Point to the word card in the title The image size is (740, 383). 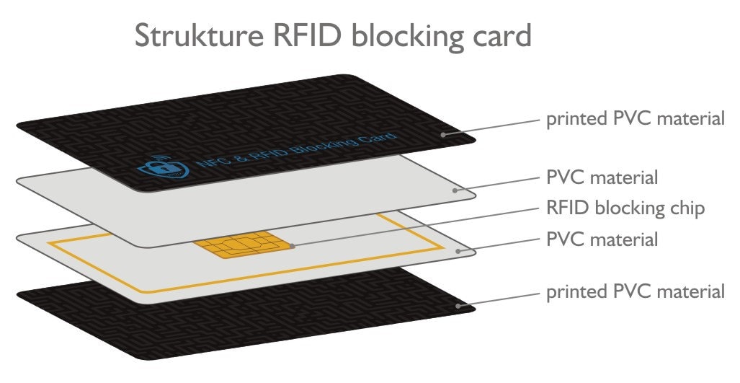tap(501, 35)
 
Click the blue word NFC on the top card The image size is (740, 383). tap(210, 165)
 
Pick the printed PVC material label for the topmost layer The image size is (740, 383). tap(635, 119)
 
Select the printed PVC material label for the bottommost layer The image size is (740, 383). tap(635, 291)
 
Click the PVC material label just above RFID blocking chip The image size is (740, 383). tap(602, 177)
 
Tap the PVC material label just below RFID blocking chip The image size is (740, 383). tap(602, 239)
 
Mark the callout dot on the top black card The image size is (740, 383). tap(445, 133)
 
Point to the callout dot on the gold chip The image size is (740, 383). tap(293, 245)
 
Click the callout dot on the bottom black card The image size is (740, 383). tap(458, 307)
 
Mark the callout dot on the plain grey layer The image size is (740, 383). tap(455, 190)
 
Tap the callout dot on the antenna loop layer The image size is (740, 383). tap(459, 251)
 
